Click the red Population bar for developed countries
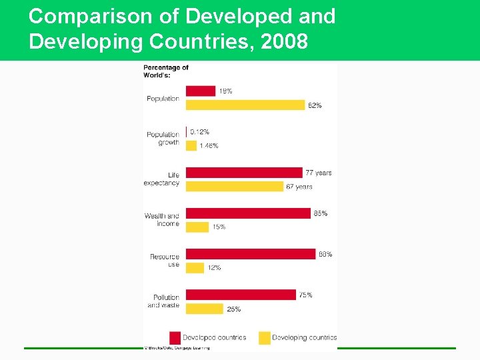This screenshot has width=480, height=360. point(200,91)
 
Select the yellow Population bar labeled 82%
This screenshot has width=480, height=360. point(245,105)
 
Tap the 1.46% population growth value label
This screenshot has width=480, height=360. point(209,145)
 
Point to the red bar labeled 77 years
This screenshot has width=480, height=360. point(243,173)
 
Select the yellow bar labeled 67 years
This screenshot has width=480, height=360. point(234,187)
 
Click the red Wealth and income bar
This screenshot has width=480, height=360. point(248,213)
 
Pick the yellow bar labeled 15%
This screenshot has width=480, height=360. point(197,227)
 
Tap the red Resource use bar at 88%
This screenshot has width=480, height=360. point(250,254)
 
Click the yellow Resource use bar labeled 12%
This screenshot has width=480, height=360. point(195,268)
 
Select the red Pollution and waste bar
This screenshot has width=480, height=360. point(241,295)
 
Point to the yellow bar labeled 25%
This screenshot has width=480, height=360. point(204,309)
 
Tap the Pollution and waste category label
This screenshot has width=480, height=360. point(163,301)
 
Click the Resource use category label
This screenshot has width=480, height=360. point(164,261)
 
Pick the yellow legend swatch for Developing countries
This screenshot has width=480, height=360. point(264,337)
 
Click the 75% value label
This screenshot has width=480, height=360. point(305,295)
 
